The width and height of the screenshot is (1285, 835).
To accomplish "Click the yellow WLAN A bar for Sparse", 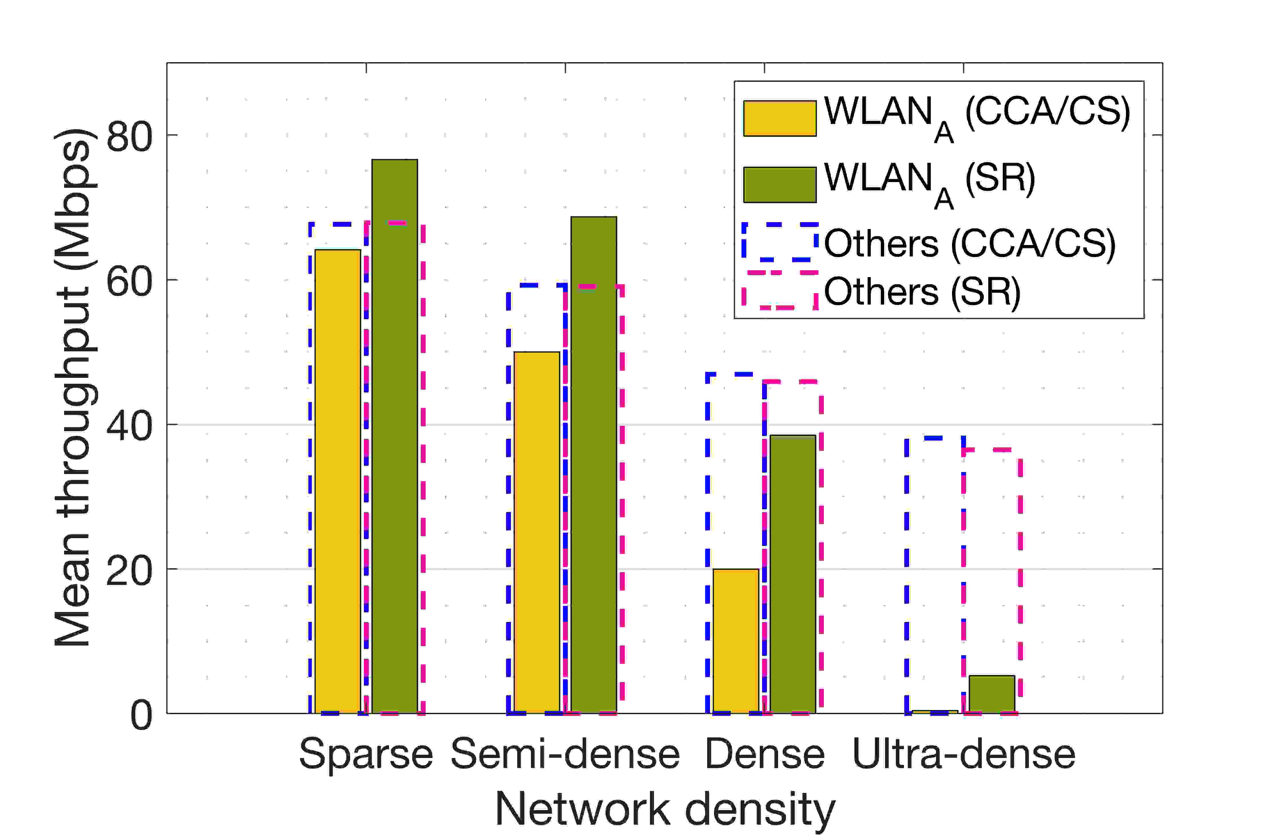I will click(x=338, y=481).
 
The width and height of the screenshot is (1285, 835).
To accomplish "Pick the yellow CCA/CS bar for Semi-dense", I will click(x=537, y=532).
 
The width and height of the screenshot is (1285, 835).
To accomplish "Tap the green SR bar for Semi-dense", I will click(x=593, y=465).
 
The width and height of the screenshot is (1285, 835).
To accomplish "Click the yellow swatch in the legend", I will click(x=780, y=118).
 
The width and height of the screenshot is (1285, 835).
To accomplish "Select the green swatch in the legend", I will click(x=780, y=185).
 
